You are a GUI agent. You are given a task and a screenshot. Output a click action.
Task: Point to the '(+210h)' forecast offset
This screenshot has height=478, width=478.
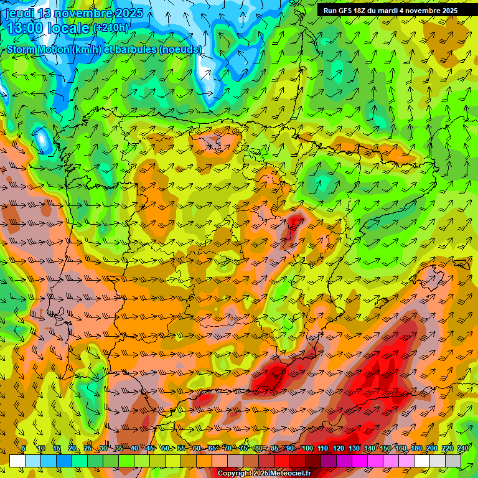(x=110, y=28)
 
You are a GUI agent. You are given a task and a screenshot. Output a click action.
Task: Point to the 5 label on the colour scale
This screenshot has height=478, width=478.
(x=24, y=449)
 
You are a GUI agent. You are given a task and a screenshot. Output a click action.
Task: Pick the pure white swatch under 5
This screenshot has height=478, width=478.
(x=17, y=461)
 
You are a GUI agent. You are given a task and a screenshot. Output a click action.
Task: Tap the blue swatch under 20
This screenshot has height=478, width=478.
(x=64, y=461)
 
